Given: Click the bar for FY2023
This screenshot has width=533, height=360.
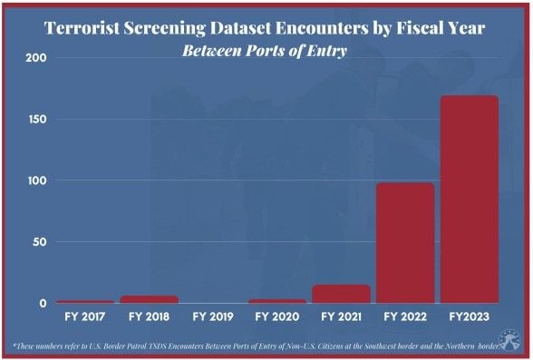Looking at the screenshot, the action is click(470, 199).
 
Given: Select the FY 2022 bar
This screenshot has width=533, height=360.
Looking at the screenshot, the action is click(405, 243).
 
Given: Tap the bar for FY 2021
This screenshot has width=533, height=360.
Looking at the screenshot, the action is click(341, 294).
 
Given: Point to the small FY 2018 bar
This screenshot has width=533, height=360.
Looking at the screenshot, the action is click(150, 299).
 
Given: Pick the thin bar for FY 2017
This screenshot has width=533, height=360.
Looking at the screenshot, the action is click(85, 302).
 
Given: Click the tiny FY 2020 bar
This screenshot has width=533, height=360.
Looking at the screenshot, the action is click(277, 301).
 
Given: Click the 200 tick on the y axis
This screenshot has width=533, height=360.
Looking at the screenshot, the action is click(36, 58).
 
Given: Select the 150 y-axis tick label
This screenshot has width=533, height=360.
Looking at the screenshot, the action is click(36, 120).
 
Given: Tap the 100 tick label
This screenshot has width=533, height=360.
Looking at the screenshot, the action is click(36, 180).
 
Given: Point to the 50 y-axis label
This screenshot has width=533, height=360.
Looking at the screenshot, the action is click(40, 242).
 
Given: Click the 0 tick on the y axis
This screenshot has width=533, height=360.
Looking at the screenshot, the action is click(43, 303).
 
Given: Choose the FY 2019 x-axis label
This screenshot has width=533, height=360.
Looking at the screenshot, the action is click(213, 316).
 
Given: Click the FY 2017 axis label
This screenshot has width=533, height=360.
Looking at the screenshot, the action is click(85, 316).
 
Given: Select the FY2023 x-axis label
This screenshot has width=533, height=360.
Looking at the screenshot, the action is click(470, 316).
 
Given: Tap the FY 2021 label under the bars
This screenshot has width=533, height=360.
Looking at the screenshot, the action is click(341, 316).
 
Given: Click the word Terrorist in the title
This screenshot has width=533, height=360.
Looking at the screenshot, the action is click(82, 28).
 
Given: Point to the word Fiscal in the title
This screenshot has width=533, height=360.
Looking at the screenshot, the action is click(418, 28).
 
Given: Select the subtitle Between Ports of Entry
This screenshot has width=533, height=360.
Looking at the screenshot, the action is click(265, 51).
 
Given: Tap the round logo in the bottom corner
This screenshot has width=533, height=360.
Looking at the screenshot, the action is click(509, 341).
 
